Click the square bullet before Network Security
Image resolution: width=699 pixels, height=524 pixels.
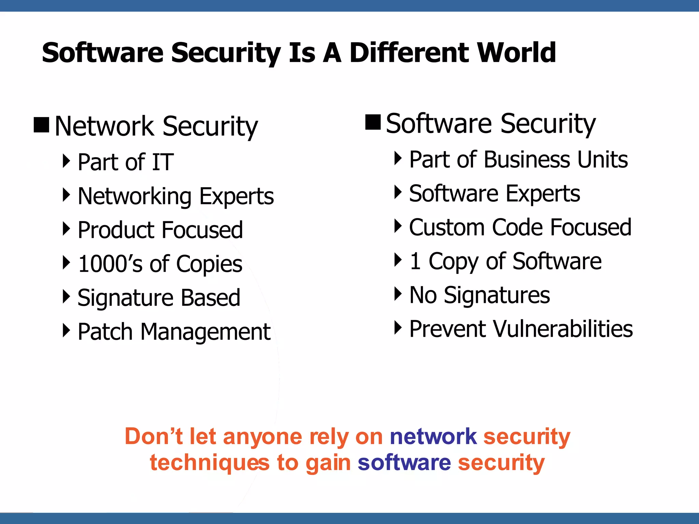42,125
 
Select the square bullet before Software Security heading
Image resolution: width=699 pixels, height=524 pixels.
373,122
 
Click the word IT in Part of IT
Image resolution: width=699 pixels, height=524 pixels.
163,162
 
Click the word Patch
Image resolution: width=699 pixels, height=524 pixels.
105,332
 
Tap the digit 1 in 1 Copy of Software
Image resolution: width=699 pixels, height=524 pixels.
415,261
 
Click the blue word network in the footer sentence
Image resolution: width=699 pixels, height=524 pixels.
433,436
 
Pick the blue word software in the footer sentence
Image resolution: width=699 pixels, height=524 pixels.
404,463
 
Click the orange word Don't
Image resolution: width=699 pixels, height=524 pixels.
154,436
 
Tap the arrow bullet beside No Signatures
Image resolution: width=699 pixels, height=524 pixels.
398,294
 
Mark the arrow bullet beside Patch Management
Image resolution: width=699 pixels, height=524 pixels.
66,330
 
